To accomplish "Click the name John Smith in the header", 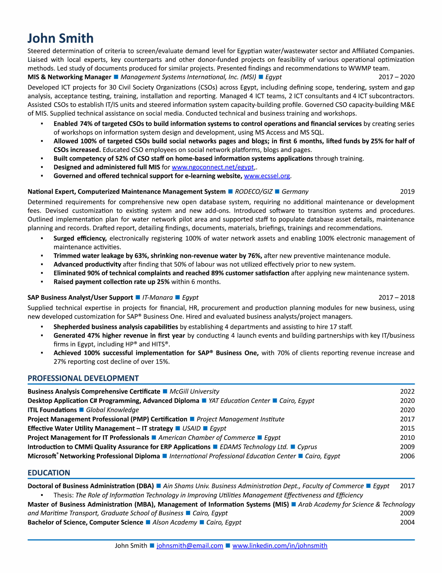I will pyautogui.click(x=61, y=38).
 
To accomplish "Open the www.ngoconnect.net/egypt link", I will pyautogui.click(x=213, y=167).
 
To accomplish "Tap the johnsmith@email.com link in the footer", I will pyautogui.click(x=190, y=545).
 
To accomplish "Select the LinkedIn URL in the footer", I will pyautogui.click(x=280, y=545).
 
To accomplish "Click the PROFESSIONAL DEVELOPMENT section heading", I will pyautogui.click(x=83, y=378).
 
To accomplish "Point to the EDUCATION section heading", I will pyautogui.click(x=49, y=473).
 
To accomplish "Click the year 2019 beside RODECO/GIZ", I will pyautogui.click(x=407, y=192).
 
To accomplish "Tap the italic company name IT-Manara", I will pyautogui.click(x=158, y=297).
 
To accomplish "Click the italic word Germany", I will pyautogui.click(x=295, y=192).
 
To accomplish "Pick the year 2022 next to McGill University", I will pyautogui.click(x=407, y=391).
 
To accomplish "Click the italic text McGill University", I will pyautogui.click(x=194, y=391).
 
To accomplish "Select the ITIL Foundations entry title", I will pyautogui.click(x=52, y=410).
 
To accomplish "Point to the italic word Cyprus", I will pyautogui.click(x=307, y=447).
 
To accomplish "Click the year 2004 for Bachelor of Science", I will pyautogui.click(x=407, y=522).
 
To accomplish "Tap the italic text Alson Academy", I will pyautogui.click(x=175, y=522).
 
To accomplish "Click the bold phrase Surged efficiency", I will pyautogui.click(x=80, y=238).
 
